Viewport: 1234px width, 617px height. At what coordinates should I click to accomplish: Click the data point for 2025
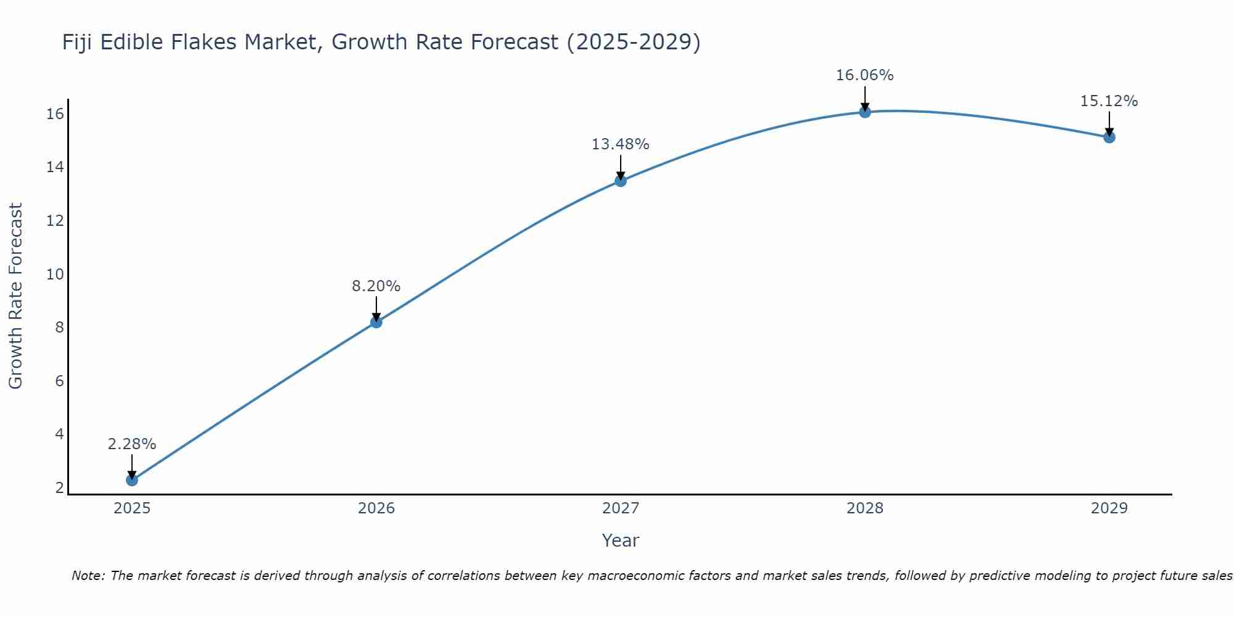pyautogui.click(x=132, y=480)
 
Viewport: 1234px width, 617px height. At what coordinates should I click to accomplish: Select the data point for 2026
pyautogui.click(x=376, y=322)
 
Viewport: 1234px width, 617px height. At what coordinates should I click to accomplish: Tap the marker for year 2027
pyautogui.click(x=621, y=181)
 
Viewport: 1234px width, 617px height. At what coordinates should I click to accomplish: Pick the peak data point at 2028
pyautogui.click(x=865, y=112)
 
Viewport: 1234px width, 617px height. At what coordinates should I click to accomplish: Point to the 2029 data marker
pyautogui.click(x=1109, y=137)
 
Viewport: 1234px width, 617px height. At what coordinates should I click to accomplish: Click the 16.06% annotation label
pyautogui.click(x=864, y=75)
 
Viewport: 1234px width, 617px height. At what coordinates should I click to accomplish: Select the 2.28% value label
pyautogui.click(x=132, y=444)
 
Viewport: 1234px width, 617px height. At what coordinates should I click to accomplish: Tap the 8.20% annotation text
pyautogui.click(x=376, y=286)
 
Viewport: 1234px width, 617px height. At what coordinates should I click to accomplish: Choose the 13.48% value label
pyautogui.click(x=620, y=144)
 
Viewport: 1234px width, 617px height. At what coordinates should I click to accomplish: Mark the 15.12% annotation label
pyautogui.click(x=1109, y=101)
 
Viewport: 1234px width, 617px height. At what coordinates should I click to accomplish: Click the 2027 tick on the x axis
pyautogui.click(x=621, y=508)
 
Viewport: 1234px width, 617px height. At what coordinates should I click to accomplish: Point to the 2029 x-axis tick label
pyautogui.click(x=1109, y=508)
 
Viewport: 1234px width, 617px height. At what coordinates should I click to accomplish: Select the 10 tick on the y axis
pyautogui.click(x=56, y=274)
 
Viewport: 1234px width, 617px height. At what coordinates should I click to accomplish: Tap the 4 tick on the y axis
pyautogui.click(x=59, y=434)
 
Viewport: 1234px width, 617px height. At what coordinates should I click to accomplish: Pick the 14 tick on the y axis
pyautogui.click(x=56, y=167)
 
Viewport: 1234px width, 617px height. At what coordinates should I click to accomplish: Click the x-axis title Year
pyautogui.click(x=620, y=540)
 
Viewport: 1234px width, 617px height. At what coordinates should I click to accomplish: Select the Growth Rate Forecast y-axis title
pyautogui.click(x=15, y=296)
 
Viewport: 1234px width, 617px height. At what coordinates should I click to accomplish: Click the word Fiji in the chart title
pyautogui.click(x=77, y=42)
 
